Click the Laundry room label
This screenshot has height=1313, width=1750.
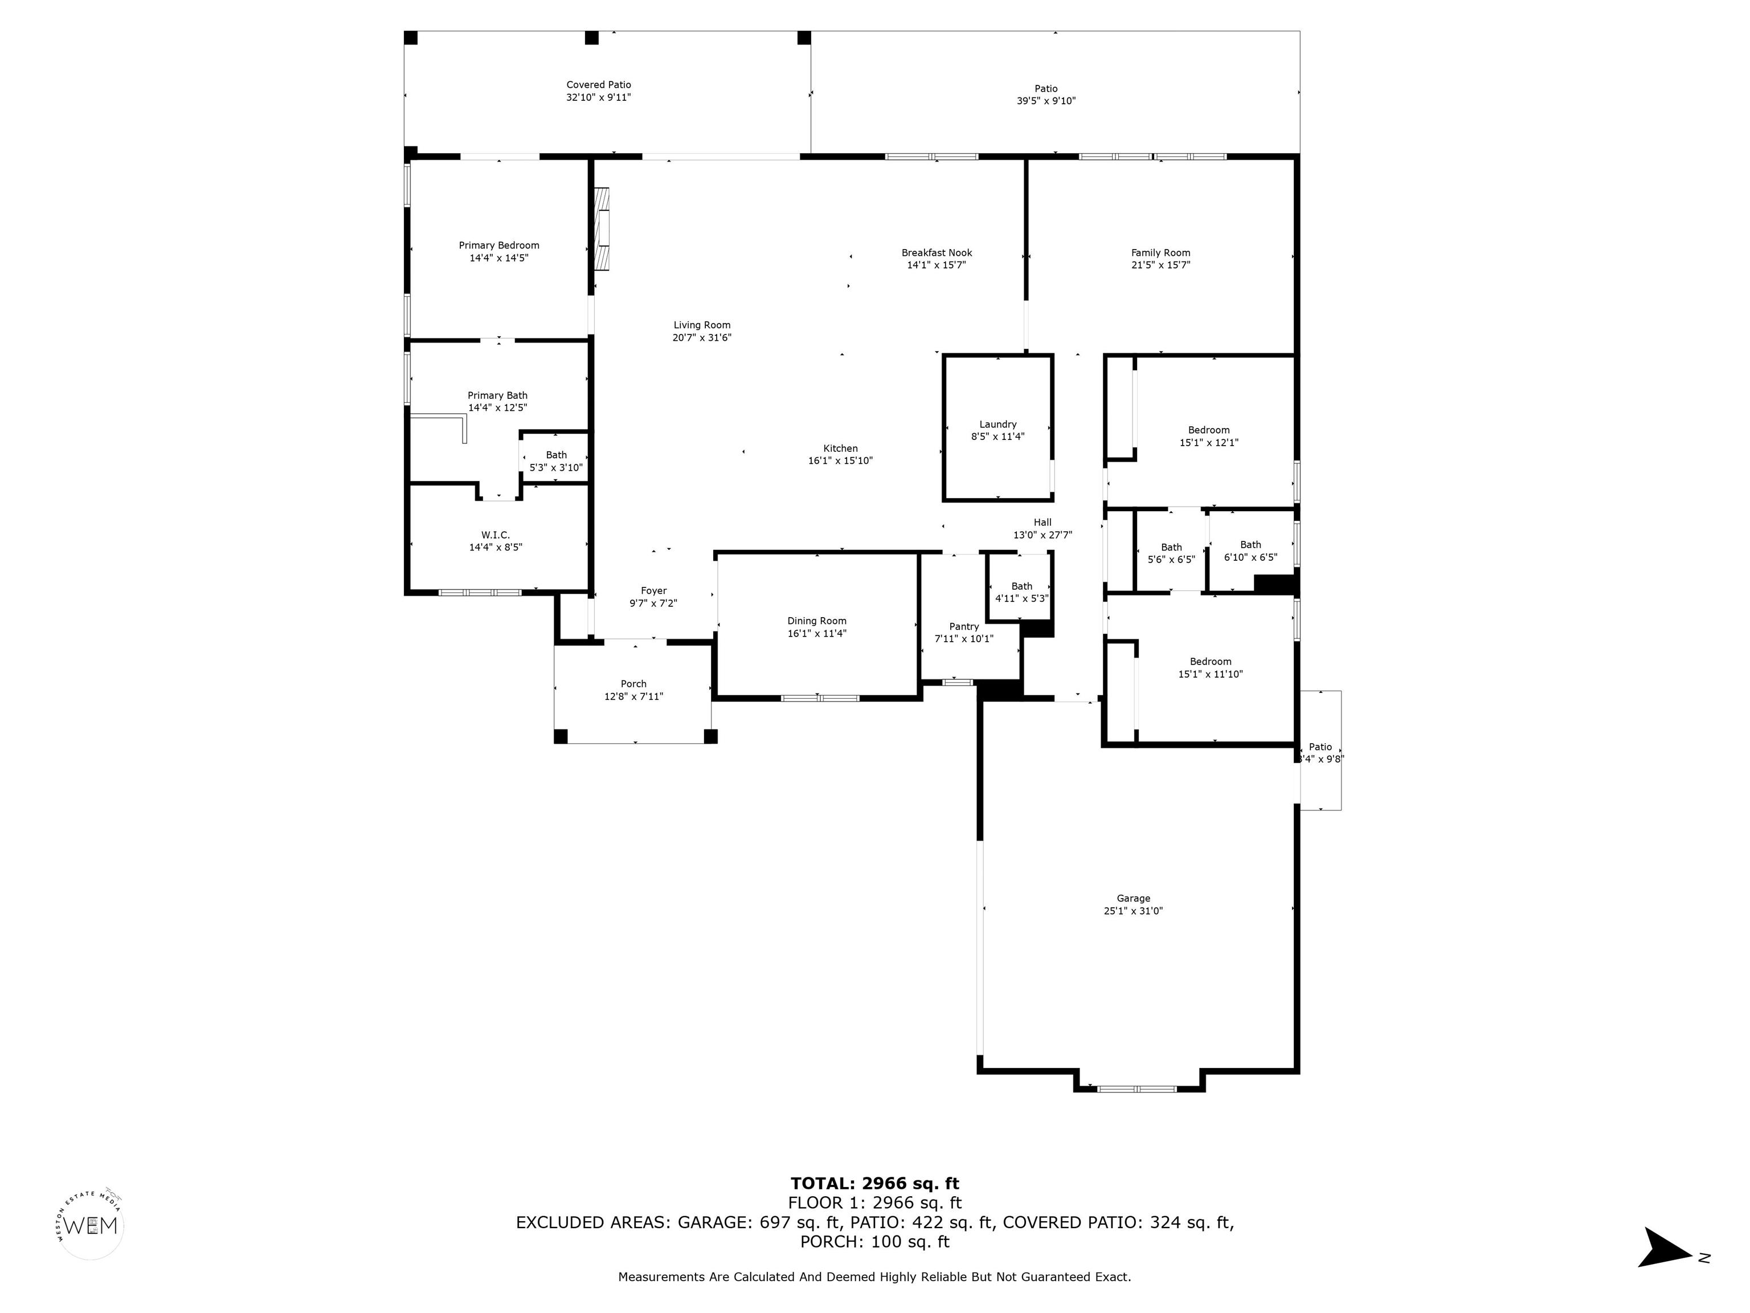[x=997, y=424]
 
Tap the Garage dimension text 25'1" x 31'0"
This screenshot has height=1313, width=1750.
[x=1133, y=911]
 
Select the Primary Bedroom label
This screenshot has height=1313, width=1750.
[x=498, y=246]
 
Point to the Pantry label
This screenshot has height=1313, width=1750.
[x=964, y=627]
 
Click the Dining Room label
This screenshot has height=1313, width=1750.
[x=816, y=621]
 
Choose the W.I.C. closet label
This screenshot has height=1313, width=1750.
[x=495, y=535]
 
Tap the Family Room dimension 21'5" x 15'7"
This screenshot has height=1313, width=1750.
[x=1160, y=265]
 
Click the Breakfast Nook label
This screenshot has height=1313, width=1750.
[x=937, y=253]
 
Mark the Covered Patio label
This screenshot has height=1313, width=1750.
[x=598, y=85]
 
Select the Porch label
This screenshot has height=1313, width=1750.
[x=633, y=684]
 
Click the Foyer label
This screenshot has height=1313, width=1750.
[x=653, y=590]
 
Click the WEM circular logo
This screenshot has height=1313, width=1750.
[x=91, y=1225]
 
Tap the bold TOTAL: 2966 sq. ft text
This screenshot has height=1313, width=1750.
[x=874, y=1183]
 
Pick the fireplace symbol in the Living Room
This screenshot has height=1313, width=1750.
[x=602, y=229]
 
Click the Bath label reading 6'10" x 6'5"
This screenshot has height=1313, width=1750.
[x=1250, y=551]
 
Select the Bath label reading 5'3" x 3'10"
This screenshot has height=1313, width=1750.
[x=555, y=462]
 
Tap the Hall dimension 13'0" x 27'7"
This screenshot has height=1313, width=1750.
[x=1042, y=535]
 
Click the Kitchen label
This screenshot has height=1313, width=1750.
[x=840, y=448]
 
